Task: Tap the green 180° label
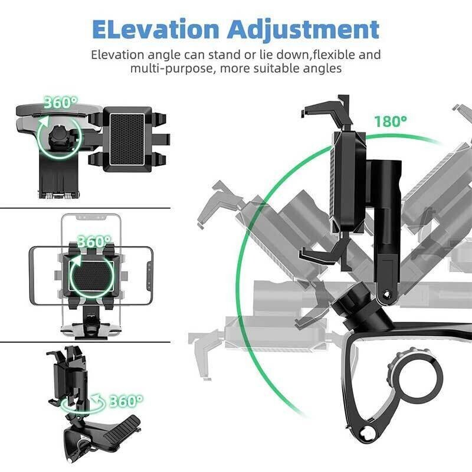pos(390,122)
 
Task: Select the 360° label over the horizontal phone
pos(94,242)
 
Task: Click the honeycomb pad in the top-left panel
pos(127,139)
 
